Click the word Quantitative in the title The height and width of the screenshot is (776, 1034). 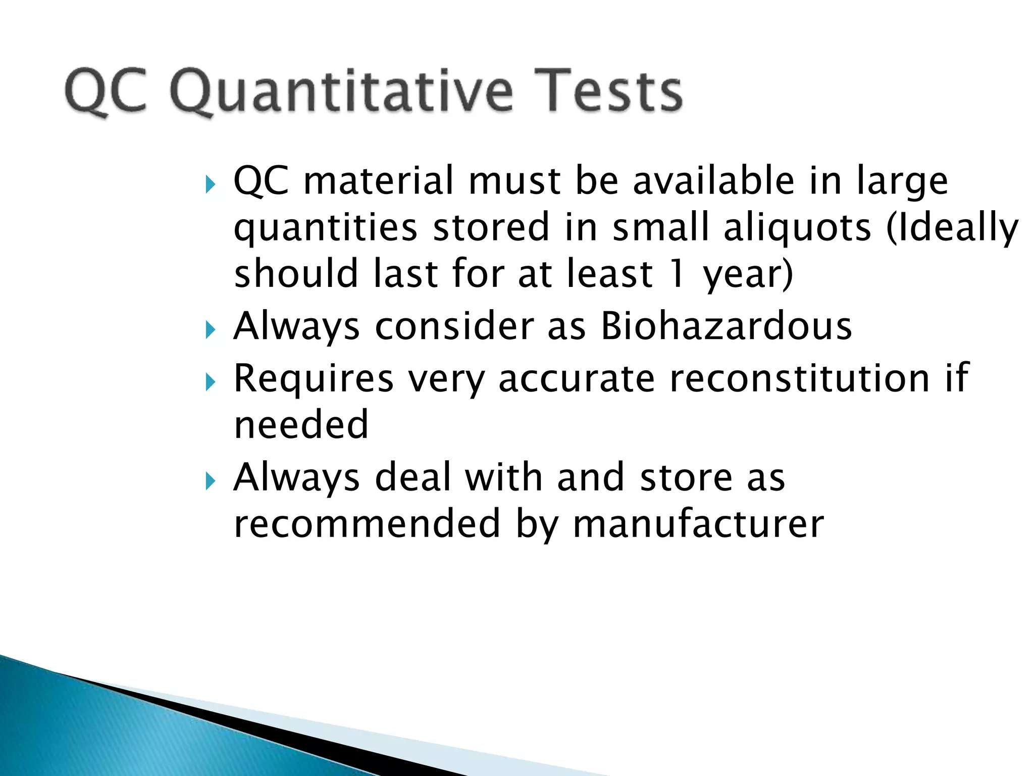point(341,91)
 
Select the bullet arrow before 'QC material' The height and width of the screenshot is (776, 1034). point(211,185)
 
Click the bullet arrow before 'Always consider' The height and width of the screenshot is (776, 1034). point(211,331)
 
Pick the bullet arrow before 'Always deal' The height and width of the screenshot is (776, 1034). point(211,481)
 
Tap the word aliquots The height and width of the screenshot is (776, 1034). point(797,227)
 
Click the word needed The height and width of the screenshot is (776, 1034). point(301,424)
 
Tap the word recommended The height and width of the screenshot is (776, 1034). point(368,524)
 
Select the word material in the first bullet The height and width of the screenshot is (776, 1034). point(378,180)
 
